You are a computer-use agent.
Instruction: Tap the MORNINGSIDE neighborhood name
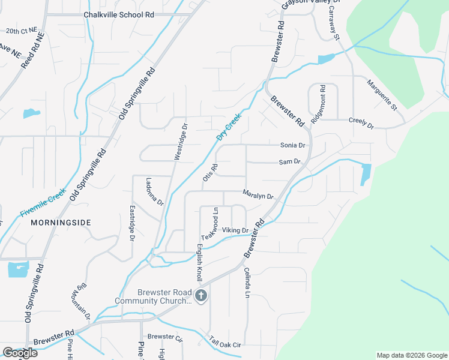click(60, 222)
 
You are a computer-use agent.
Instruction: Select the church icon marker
click(201, 295)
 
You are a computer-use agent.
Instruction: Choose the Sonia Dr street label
click(293, 145)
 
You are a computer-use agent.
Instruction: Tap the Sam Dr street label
click(289, 163)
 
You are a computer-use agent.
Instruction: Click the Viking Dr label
click(235, 230)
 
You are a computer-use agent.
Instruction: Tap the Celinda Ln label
click(246, 283)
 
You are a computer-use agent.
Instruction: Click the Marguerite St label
click(382, 95)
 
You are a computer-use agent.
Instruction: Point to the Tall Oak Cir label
click(225, 342)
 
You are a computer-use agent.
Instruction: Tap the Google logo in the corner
click(19, 353)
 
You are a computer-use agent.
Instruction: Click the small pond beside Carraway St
click(326, 59)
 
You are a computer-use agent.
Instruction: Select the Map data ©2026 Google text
click(411, 355)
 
